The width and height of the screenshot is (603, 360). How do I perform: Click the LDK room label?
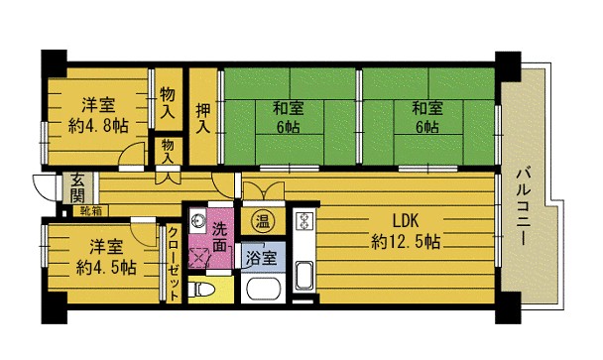pos(406,221)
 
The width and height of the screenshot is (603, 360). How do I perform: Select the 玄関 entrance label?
pos(78,188)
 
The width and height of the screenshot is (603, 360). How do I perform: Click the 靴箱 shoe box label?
pos(91,211)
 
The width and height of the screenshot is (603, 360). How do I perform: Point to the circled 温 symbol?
pos(263,221)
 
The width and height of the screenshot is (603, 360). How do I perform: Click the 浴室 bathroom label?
pos(262,257)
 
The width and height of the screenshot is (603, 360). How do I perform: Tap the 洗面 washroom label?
pos(220,237)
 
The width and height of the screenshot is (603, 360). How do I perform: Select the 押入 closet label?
pos(203,118)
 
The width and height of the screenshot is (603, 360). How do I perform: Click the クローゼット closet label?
pos(174,264)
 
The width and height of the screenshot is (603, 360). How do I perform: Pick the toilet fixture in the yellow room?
pos(202,290)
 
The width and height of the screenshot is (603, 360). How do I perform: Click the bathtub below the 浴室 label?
pos(264,290)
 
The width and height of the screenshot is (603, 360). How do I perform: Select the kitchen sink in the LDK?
pos(304,276)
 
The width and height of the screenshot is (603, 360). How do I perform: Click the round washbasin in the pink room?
pos(198,221)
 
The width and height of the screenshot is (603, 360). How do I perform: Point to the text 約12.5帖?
pos(406,242)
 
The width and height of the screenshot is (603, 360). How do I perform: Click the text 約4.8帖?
pos(98,125)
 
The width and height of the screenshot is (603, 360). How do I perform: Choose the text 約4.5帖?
pos(106,267)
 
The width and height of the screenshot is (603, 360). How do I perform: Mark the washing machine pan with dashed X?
pos(199,257)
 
